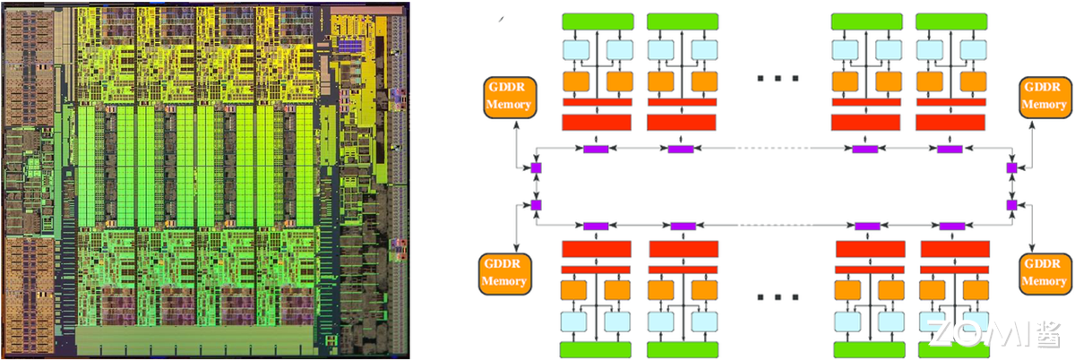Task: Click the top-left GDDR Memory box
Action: [508, 97]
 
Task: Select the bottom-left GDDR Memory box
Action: [507, 273]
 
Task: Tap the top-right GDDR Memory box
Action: [1044, 97]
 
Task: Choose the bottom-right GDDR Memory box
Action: [1044, 273]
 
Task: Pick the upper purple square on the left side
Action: [536, 167]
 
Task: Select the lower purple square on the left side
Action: [536, 205]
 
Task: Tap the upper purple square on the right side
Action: [1011, 167]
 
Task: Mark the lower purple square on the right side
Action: [1011, 205]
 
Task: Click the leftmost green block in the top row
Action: [597, 21]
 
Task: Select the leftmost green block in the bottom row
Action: [597, 348]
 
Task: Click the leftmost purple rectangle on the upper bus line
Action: [596, 148]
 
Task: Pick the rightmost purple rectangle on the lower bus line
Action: [952, 226]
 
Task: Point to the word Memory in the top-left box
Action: [508, 105]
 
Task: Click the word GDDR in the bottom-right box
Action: [1044, 264]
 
